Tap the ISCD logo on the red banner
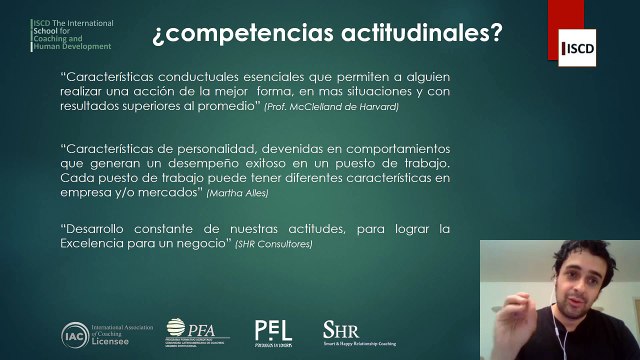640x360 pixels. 579,48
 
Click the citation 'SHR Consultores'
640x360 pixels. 274,244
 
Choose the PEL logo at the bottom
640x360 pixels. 272,330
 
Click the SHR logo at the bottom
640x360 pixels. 335,328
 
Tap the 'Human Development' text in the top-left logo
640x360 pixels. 73,46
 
